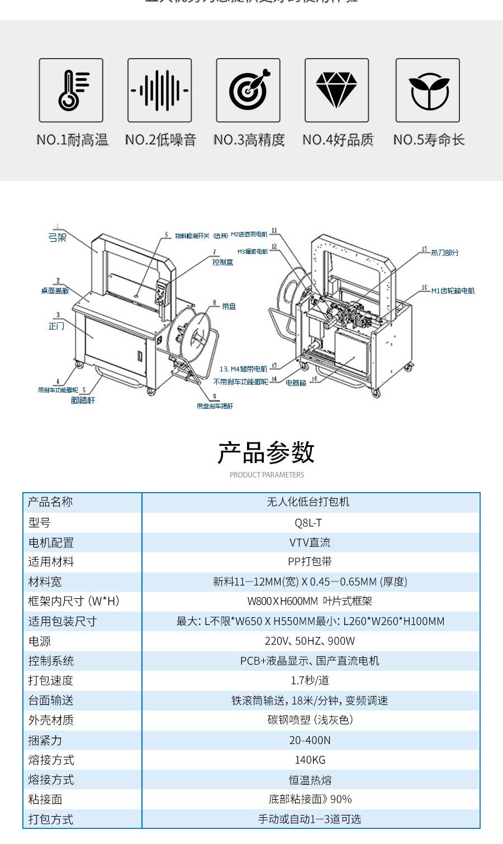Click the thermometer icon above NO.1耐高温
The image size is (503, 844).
tap(71, 90)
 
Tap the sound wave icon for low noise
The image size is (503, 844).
tap(160, 90)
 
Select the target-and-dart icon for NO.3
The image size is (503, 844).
tap(248, 90)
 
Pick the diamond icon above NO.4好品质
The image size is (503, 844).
tap(336, 90)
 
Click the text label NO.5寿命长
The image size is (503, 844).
tap(429, 140)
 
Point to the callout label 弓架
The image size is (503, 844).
tap(58, 238)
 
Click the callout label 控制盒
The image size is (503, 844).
tap(222, 262)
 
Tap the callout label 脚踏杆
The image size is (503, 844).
tap(83, 400)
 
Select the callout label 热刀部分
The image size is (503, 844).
tap(444, 253)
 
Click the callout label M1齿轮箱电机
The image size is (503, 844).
tap(453, 291)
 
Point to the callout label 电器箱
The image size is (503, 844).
tap(296, 383)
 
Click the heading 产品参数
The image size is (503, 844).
tap(267, 452)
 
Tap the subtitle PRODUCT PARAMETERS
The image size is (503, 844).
tap(267, 475)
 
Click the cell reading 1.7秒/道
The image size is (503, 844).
tap(310, 680)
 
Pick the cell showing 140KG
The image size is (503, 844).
tap(310, 760)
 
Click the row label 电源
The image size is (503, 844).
tap(40, 641)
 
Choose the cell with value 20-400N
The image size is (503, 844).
tap(310, 740)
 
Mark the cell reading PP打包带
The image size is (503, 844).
tap(310, 562)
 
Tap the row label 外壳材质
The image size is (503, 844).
tap(51, 720)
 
